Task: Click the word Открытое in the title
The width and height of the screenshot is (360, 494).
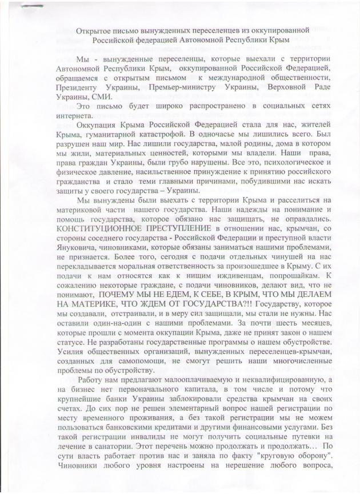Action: click(90, 28)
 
